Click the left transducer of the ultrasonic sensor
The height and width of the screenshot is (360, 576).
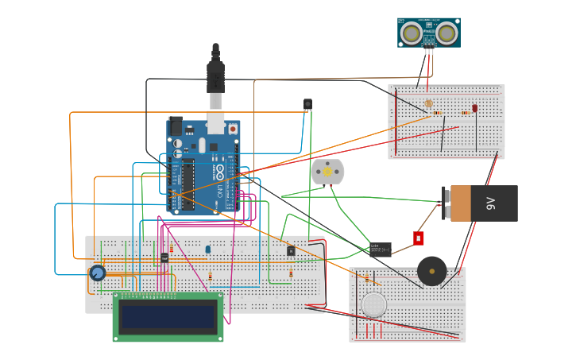click(411, 33)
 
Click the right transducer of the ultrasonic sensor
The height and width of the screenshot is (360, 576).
click(446, 33)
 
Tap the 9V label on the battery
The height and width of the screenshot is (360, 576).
click(490, 203)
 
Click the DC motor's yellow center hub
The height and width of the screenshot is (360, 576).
click(327, 172)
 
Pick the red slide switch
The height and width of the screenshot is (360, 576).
click(418, 238)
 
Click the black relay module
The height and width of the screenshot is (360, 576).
click(380, 250)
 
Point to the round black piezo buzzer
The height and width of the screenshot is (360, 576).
click(431, 271)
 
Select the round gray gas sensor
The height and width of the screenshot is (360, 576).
click(373, 304)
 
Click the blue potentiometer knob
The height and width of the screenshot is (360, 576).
click(98, 273)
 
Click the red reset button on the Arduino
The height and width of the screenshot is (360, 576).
click(233, 128)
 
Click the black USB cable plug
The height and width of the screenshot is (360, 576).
click(215, 77)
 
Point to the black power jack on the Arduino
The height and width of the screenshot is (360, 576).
click(176, 126)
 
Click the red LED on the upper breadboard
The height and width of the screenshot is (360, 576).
click(475, 108)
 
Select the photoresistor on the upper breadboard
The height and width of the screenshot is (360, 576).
click(429, 103)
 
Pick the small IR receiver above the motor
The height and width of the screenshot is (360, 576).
click(307, 104)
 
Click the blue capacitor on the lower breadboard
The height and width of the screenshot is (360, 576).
click(208, 249)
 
